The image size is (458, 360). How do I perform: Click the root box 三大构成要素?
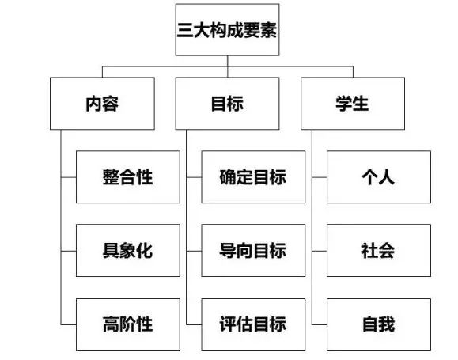pyautogui.click(x=227, y=29)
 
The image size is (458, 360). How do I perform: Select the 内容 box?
pyautogui.click(x=101, y=103)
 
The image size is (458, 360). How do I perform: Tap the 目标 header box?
pyautogui.click(x=227, y=103)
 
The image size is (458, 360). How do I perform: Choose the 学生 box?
pyautogui.click(x=352, y=103)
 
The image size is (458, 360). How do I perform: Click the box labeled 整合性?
pyautogui.click(x=127, y=176)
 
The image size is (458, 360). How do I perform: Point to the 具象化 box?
pyautogui.click(x=127, y=251)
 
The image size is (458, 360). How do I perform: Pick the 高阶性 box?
pyautogui.click(x=127, y=324)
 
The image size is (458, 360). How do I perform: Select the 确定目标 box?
pyautogui.click(x=252, y=176)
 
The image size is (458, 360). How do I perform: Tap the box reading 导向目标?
pyautogui.click(x=252, y=251)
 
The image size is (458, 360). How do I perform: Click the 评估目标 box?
pyautogui.click(x=252, y=324)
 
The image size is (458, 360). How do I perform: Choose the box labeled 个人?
pyautogui.click(x=378, y=176)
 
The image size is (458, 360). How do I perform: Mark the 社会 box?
pyautogui.click(x=378, y=251)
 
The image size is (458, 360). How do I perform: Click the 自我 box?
pyautogui.click(x=378, y=324)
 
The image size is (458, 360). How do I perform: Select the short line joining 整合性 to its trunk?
pyautogui.click(x=69, y=176)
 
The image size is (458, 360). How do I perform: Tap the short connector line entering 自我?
pyautogui.click(x=319, y=324)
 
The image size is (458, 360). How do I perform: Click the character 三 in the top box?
pyautogui.click(x=186, y=30)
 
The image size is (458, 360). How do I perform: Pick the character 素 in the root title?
pyautogui.click(x=267, y=30)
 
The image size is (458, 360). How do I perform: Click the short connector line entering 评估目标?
pyautogui.click(x=194, y=324)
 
